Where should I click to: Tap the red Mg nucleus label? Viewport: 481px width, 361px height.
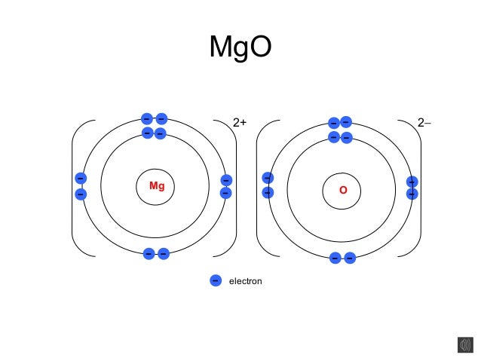click(x=157, y=185)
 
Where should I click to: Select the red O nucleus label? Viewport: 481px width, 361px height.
click(x=343, y=191)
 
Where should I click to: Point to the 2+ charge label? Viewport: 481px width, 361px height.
click(x=240, y=122)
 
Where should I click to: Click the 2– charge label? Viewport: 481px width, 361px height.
click(x=425, y=122)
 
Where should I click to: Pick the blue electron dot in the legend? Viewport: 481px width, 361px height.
click(x=215, y=280)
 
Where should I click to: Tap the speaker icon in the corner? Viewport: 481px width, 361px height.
click(x=465, y=344)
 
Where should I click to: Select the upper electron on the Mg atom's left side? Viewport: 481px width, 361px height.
click(x=81, y=179)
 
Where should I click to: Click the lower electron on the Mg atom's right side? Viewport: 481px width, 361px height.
click(x=225, y=193)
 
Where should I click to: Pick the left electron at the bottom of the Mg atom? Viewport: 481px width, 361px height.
click(x=149, y=254)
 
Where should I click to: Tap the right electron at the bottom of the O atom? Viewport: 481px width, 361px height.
click(x=350, y=258)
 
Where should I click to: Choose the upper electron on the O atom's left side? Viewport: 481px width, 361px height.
click(x=267, y=178)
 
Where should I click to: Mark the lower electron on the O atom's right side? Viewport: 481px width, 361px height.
click(x=412, y=194)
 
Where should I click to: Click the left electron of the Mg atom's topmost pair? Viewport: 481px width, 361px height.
click(x=147, y=119)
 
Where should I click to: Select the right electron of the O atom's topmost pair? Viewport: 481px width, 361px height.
click(x=346, y=121)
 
